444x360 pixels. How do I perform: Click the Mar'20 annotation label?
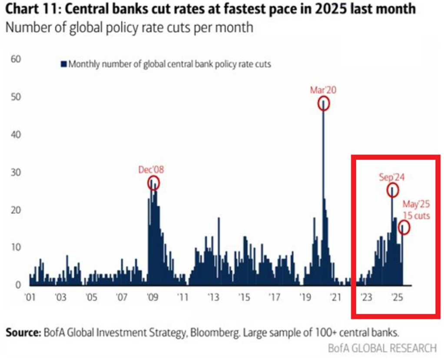point(323,90)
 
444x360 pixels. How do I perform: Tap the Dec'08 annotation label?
point(152,169)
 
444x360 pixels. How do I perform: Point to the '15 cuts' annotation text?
point(416,215)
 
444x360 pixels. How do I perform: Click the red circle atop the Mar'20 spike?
point(324,103)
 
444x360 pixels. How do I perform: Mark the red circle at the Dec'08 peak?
point(153,183)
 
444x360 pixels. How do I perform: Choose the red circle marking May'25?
point(404,227)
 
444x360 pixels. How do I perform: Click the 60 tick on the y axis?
point(16,59)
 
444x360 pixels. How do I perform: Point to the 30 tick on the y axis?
point(16,172)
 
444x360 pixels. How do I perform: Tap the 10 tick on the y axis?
point(16,247)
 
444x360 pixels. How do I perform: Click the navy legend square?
point(64,64)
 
